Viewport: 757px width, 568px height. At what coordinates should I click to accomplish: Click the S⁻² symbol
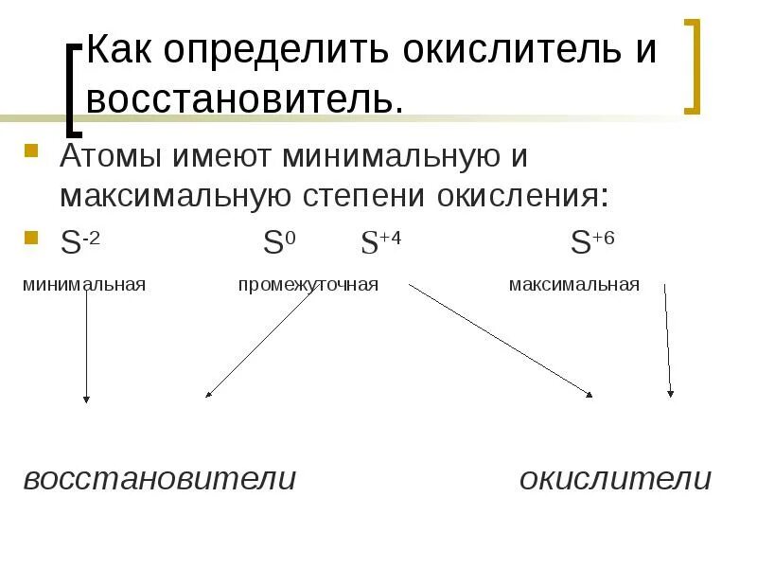point(80,243)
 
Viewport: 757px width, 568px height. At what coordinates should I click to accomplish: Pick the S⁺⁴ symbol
point(380,243)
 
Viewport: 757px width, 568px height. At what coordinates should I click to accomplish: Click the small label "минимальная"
point(84,284)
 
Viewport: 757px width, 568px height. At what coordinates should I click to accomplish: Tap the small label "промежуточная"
point(308,284)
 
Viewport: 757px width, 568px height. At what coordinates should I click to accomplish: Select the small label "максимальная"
point(573,284)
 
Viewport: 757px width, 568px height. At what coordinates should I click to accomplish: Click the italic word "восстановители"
point(160,479)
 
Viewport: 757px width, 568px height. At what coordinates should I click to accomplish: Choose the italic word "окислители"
point(615,479)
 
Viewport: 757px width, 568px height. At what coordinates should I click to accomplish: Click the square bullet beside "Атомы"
point(31,151)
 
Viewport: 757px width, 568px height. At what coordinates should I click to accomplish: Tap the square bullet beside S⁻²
point(31,237)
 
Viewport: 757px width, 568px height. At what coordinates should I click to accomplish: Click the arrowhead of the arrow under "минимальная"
point(86,399)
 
